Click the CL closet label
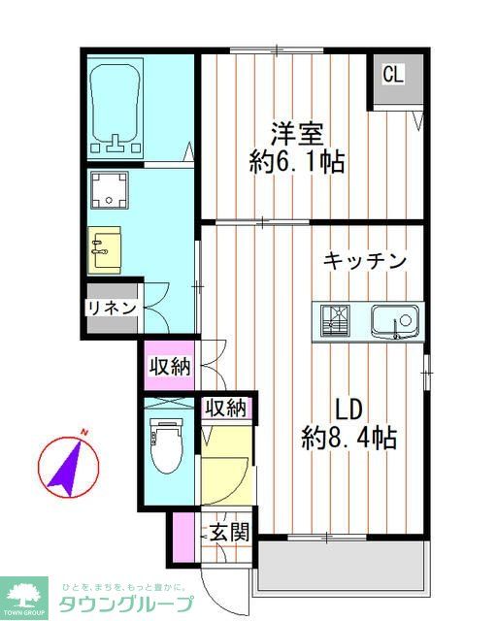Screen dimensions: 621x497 point(392,75)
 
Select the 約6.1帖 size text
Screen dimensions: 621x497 point(296,161)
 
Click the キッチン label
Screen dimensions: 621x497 point(364,261)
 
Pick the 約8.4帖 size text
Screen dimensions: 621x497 point(348,438)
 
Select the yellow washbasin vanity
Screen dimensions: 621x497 point(104,248)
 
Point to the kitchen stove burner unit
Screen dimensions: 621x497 point(337,319)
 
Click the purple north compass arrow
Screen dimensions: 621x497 point(67,464)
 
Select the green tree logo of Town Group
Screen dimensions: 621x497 point(26,595)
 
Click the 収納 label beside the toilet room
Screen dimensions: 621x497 point(225,409)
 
